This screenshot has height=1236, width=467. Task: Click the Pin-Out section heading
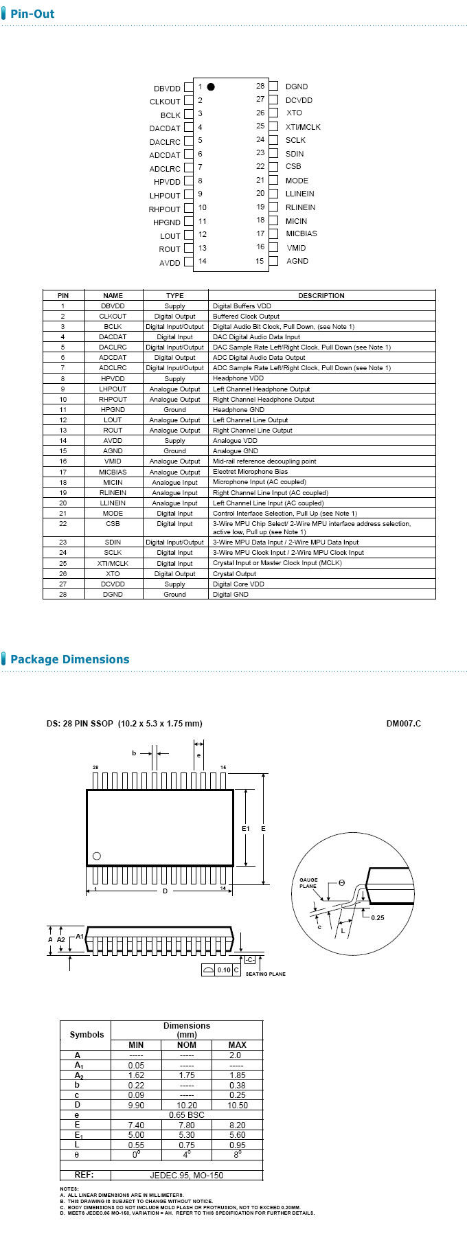[x=32, y=14]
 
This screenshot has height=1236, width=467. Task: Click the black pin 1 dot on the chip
[x=211, y=87]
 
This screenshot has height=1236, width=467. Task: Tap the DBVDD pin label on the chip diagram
[x=167, y=89]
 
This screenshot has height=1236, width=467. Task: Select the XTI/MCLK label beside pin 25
[x=303, y=127]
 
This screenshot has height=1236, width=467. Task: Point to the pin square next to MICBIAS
[x=273, y=234]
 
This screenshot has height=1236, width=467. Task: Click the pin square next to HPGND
[x=189, y=222]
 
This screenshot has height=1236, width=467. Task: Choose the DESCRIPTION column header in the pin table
[x=321, y=296]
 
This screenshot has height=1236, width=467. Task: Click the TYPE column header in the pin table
[x=175, y=296]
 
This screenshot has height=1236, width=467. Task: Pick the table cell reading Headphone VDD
[x=238, y=378]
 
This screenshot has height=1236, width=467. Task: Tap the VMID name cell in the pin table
[x=113, y=461]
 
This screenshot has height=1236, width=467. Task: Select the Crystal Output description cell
[x=234, y=574]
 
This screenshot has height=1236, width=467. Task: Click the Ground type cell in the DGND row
[x=174, y=595]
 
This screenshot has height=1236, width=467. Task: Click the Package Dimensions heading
[x=69, y=660]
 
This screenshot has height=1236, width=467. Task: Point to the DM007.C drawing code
[x=404, y=724]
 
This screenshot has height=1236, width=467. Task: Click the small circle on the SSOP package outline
[x=97, y=856]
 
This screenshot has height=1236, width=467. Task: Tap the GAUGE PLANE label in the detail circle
[x=308, y=883]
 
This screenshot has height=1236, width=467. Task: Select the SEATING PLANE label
[x=266, y=974]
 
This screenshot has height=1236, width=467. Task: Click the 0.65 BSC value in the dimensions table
[x=187, y=1115]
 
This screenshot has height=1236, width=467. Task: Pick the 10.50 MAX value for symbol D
[x=238, y=1106]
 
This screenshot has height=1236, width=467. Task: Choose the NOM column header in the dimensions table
[x=187, y=1045]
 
